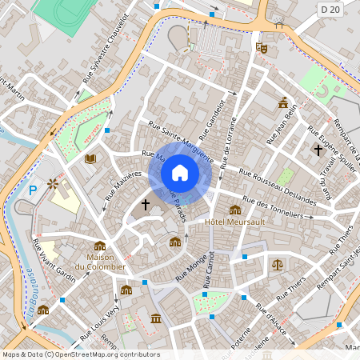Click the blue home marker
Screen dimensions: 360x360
180,173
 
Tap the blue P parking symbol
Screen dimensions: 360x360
33,190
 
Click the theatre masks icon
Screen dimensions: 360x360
261,48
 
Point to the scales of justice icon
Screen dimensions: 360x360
277,263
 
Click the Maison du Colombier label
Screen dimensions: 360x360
100,261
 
